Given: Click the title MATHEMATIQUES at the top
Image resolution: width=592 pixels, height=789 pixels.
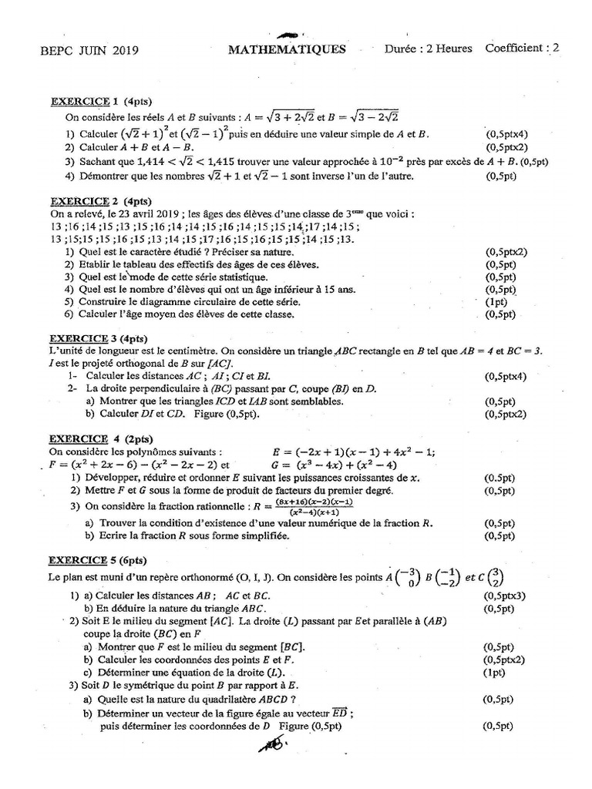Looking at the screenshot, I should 287,50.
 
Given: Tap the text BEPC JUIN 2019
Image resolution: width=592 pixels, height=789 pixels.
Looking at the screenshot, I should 89,51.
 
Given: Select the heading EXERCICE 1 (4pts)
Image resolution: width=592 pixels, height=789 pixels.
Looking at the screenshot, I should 95,101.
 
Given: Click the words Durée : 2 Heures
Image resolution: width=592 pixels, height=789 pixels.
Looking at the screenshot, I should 429,49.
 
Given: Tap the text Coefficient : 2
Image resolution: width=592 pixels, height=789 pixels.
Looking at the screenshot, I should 522,49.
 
